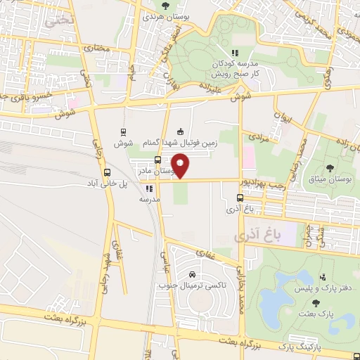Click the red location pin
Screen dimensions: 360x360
click(181, 166)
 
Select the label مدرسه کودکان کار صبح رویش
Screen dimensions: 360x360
click(236, 68)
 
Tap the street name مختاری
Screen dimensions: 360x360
click(98, 49)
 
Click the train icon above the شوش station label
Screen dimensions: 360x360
click(124, 131)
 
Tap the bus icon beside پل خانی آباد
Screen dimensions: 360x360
click(107, 172)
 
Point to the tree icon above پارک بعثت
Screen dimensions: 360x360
click(315, 303)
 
